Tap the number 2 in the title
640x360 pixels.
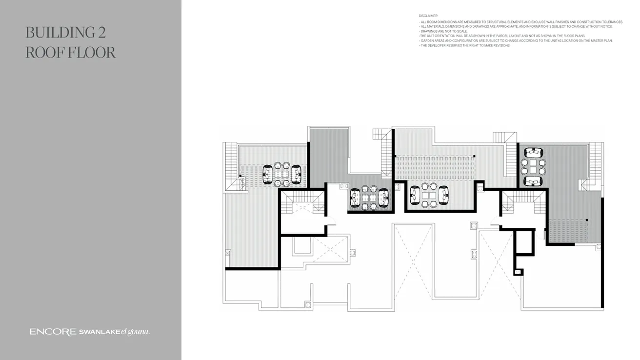tap(100, 33)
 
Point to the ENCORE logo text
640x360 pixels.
tap(53, 332)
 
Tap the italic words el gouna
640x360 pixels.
tap(135, 332)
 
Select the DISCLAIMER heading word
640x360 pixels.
tap(428, 16)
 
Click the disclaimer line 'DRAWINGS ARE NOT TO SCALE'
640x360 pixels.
tap(444, 31)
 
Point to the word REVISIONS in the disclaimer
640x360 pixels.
tap(501, 45)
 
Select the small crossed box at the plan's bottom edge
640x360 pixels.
tap(307, 304)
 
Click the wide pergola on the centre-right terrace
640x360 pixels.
tap(435, 167)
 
